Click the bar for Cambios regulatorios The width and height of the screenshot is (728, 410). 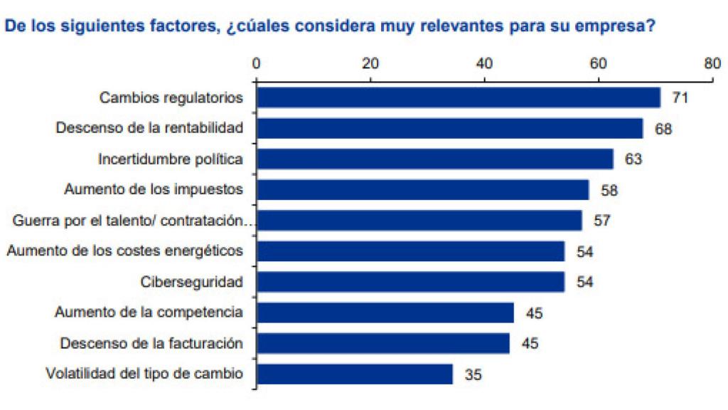click(459, 98)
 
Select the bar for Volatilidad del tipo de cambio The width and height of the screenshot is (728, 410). click(355, 374)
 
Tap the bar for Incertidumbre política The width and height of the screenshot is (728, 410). click(434, 159)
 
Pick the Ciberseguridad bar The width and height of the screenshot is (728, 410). click(410, 282)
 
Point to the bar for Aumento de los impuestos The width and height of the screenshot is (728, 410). click(422, 190)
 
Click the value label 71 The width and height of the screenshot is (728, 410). click(680, 98)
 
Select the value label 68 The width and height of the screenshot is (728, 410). click(663, 129)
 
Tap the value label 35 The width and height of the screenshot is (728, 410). click(473, 374)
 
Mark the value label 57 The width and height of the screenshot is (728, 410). click(602, 221)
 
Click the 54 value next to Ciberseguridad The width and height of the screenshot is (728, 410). click(584, 282)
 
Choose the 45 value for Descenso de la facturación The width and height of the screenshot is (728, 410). click(530, 344)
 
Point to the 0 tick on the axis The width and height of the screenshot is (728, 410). click(256, 63)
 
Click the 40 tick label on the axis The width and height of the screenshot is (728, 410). click(484, 63)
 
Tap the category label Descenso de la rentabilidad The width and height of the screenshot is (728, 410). click(149, 128)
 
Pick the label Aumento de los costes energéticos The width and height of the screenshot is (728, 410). click(125, 251)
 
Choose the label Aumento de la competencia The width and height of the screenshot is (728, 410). click(149, 312)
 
